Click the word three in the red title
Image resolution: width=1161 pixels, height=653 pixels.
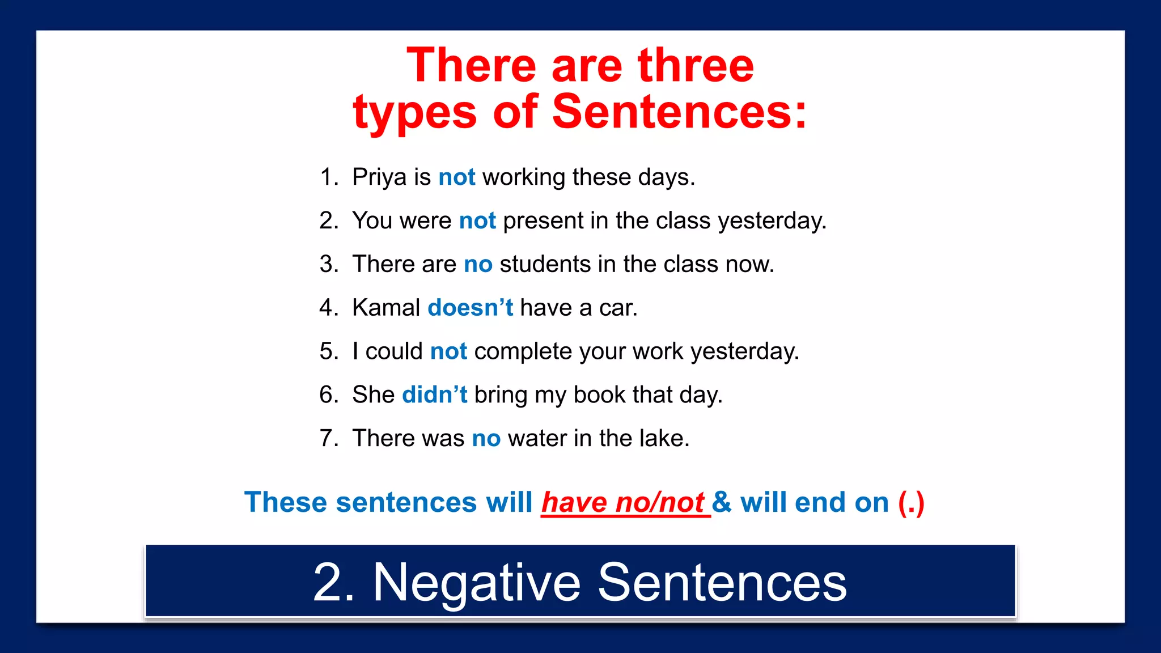click(696, 66)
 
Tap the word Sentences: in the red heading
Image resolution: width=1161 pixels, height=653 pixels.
click(679, 112)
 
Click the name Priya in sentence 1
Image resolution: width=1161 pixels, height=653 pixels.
click(379, 177)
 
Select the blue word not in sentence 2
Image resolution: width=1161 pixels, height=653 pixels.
click(477, 221)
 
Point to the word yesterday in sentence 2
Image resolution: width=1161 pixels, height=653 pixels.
click(772, 221)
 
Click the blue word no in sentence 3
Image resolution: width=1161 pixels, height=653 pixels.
click(478, 264)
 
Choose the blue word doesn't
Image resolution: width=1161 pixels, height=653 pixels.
click(470, 308)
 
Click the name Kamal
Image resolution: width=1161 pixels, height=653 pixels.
click(386, 308)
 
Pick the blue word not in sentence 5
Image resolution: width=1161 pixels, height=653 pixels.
click(448, 351)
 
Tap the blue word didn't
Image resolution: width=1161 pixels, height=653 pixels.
click(434, 395)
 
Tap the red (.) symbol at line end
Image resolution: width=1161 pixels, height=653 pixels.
click(911, 503)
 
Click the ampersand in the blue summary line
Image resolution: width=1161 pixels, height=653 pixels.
click(722, 503)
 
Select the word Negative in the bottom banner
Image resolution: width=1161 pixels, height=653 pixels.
click(476, 582)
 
